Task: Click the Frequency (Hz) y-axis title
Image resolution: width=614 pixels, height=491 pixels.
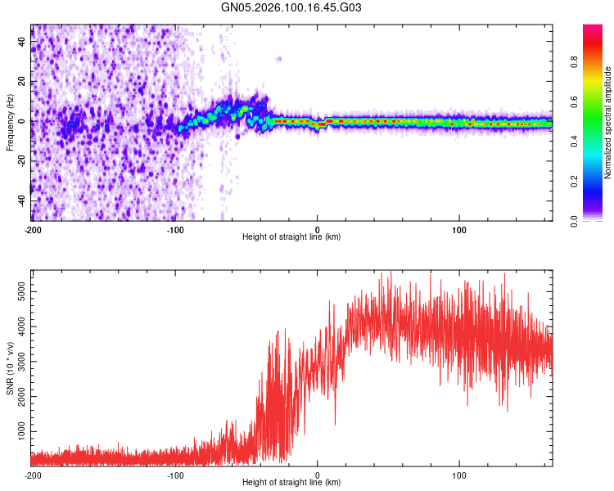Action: pos(11,122)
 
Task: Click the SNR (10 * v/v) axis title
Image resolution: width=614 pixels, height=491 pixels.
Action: pos(11,368)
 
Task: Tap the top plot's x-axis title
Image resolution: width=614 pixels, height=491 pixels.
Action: pos(291,237)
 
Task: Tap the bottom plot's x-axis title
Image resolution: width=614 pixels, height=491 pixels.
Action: pos(291,483)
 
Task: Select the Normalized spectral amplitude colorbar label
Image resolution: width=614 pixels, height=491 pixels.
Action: pos(608,122)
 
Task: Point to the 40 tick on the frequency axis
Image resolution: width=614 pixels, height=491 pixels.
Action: pos(22,42)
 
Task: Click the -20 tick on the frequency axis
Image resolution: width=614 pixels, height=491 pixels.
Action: pos(20,160)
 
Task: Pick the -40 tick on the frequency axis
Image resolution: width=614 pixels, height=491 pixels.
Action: pos(20,200)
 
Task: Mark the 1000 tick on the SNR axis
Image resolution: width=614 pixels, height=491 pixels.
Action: pos(17,430)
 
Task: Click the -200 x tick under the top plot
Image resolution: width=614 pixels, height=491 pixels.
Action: pos(33,229)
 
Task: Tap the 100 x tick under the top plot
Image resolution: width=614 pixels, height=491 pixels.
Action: pos(459,229)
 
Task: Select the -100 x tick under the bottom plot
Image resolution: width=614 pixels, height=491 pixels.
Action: pos(175,475)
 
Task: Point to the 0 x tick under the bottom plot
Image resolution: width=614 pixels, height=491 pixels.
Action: pos(318,475)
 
